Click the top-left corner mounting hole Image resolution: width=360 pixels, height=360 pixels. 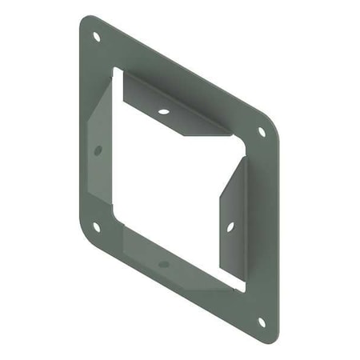(97, 37)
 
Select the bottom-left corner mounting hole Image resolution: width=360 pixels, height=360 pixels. (96, 226)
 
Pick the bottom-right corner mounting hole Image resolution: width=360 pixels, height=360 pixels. (261, 322)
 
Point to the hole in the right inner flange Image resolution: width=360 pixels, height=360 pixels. (230, 227)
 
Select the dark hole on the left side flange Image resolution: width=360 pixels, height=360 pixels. (98, 150)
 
